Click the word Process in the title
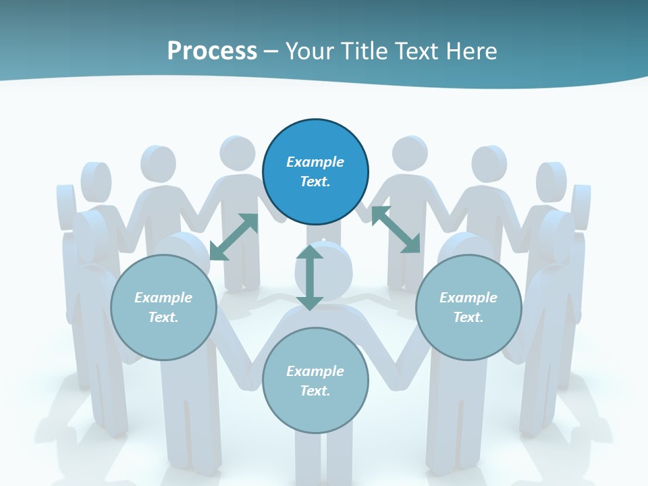click(x=212, y=51)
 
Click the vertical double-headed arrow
click(x=310, y=277)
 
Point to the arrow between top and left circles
click(x=234, y=236)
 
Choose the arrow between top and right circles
click(x=396, y=230)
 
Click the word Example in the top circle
click(x=315, y=162)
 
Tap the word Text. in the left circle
click(x=163, y=317)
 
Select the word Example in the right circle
click(x=468, y=298)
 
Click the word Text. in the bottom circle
click(x=315, y=391)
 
